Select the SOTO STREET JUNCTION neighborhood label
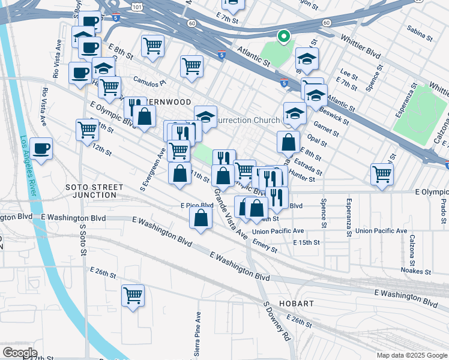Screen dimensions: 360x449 click(x=91, y=191)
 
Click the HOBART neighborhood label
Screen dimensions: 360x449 click(x=296, y=304)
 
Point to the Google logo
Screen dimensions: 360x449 click(x=20, y=352)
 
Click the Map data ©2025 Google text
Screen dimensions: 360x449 click(x=412, y=355)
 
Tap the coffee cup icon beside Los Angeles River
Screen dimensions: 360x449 click(x=41, y=148)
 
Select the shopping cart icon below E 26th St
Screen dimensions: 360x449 click(x=133, y=295)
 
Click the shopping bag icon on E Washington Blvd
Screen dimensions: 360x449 click(x=200, y=218)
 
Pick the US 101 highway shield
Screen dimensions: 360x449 click(x=137, y=7)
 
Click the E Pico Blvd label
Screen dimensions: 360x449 click(x=197, y=205)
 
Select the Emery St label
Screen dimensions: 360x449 click(x=265, y=246)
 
